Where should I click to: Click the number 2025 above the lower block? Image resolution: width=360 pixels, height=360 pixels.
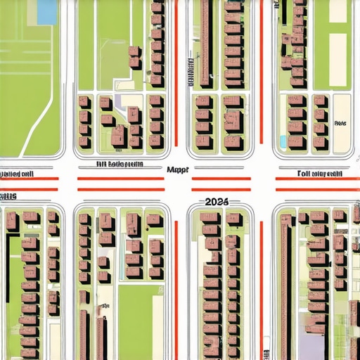[217, 201]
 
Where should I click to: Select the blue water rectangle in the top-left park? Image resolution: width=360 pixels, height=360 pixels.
[46, 11]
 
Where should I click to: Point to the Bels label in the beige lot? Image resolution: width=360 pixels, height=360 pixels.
[342, 122]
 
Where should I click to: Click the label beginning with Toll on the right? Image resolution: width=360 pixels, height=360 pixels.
[319, 172]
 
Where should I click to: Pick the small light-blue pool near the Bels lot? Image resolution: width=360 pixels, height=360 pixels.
[283, 141]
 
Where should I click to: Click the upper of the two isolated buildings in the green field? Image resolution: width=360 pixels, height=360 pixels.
[134, 52]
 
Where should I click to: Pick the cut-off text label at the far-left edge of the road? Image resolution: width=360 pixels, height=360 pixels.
[17, 172]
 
